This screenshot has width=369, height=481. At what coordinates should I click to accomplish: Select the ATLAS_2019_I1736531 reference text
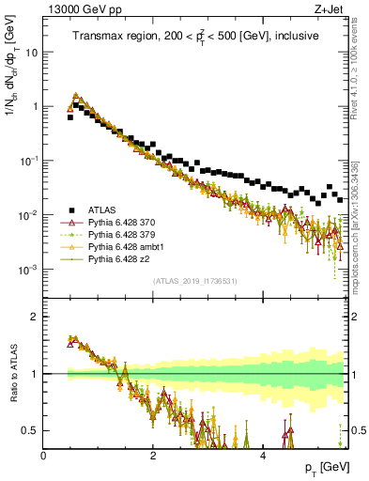coord(195,281)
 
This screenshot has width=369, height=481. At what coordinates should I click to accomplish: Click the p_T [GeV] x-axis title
coord(324,467)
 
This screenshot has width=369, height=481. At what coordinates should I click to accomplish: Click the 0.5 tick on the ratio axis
coord(30,430)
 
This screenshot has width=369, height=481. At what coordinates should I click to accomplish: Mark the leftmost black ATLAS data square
coord(69,117)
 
